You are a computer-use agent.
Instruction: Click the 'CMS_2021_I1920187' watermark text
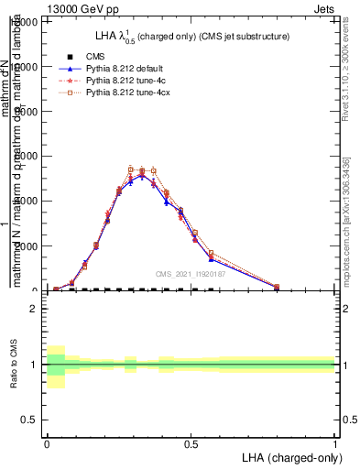point(191,274)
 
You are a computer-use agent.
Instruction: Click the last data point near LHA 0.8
point(277,287)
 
